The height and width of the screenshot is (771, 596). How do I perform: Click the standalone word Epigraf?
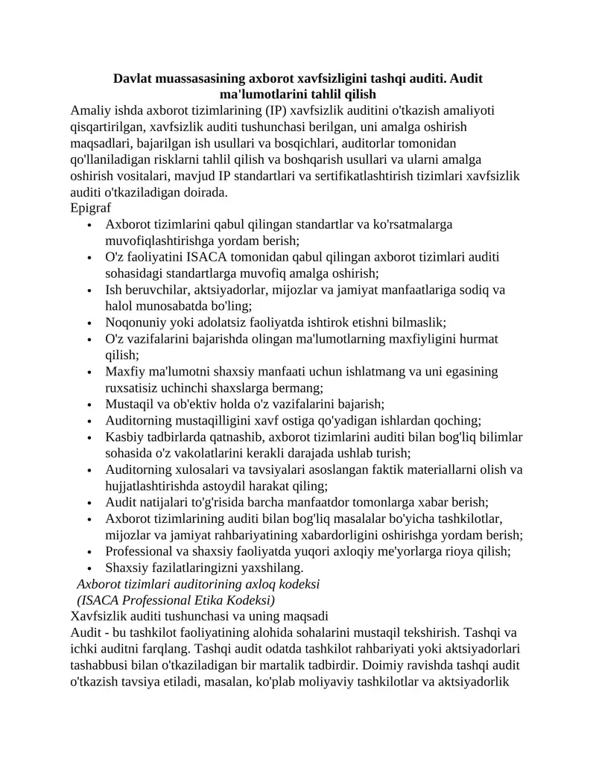click(x=90, y=208)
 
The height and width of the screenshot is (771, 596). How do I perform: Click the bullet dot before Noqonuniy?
click(x=89, y=323)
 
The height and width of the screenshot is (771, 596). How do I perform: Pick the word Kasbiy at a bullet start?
click(x=125, y=437)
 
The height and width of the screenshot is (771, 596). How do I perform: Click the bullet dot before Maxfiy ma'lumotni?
click(x=89, y=372)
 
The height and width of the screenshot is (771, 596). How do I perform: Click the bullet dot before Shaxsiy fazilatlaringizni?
click(x=89, y=568)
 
